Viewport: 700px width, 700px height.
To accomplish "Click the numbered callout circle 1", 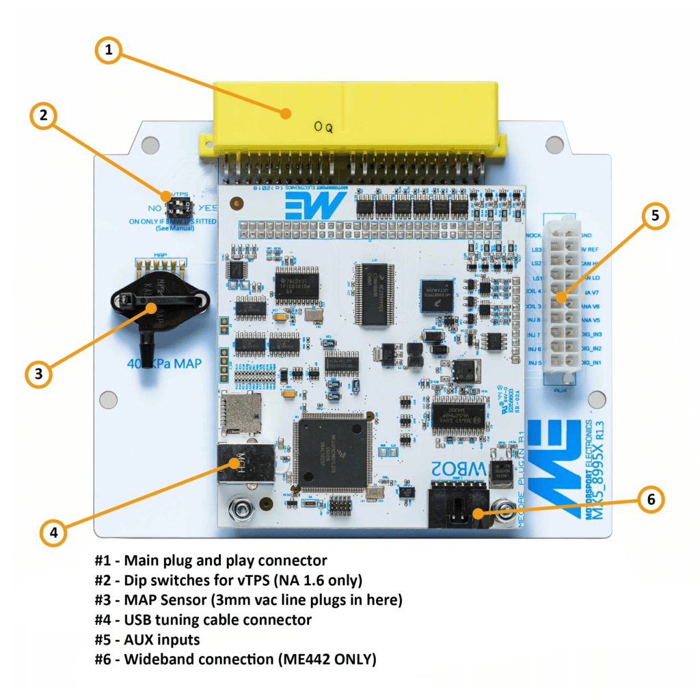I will [x=109, y=49].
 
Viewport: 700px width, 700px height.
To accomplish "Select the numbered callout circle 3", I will [x=39, y=373].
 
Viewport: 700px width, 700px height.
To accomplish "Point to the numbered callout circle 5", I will [x=654, y=216].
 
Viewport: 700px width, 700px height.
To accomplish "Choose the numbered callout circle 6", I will [x=649, y=500].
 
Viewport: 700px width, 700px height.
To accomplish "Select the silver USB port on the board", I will [x=237, y=464].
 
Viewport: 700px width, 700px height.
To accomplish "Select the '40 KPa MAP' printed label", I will [x=165, y=363].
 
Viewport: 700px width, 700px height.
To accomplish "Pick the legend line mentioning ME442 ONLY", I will [x=235, y=659].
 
